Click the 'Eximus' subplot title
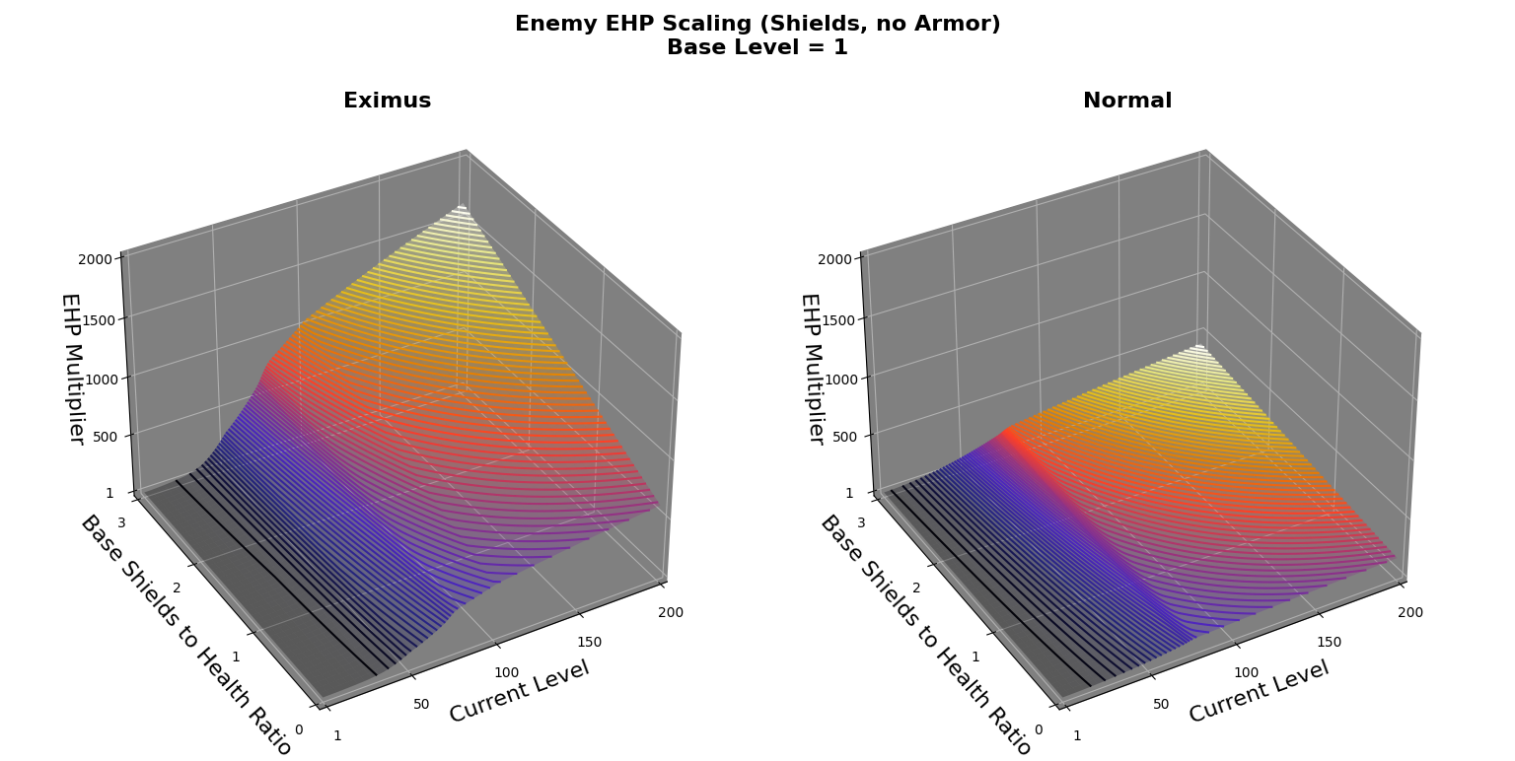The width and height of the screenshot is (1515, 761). [387, 101]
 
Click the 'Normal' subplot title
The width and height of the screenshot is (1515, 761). [1126, 101]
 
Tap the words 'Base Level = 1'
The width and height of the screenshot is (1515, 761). [757, 47]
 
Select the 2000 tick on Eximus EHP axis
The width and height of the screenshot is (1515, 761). [101, 259]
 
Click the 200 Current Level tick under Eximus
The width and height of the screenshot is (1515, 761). [671, 612]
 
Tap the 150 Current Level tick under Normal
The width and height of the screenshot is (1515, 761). [1329, 642]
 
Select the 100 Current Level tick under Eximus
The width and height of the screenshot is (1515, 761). [506, 672]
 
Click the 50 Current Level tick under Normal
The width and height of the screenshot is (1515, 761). [1161, 704]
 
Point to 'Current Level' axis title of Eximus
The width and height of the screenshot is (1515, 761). [519, 691]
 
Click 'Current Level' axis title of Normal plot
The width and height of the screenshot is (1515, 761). [1259, 691]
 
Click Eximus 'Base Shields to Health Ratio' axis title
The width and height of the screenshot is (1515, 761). [185, 635]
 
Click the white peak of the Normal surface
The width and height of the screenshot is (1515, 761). [1199, 348]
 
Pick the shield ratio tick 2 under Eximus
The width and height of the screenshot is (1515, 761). [177, 588]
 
